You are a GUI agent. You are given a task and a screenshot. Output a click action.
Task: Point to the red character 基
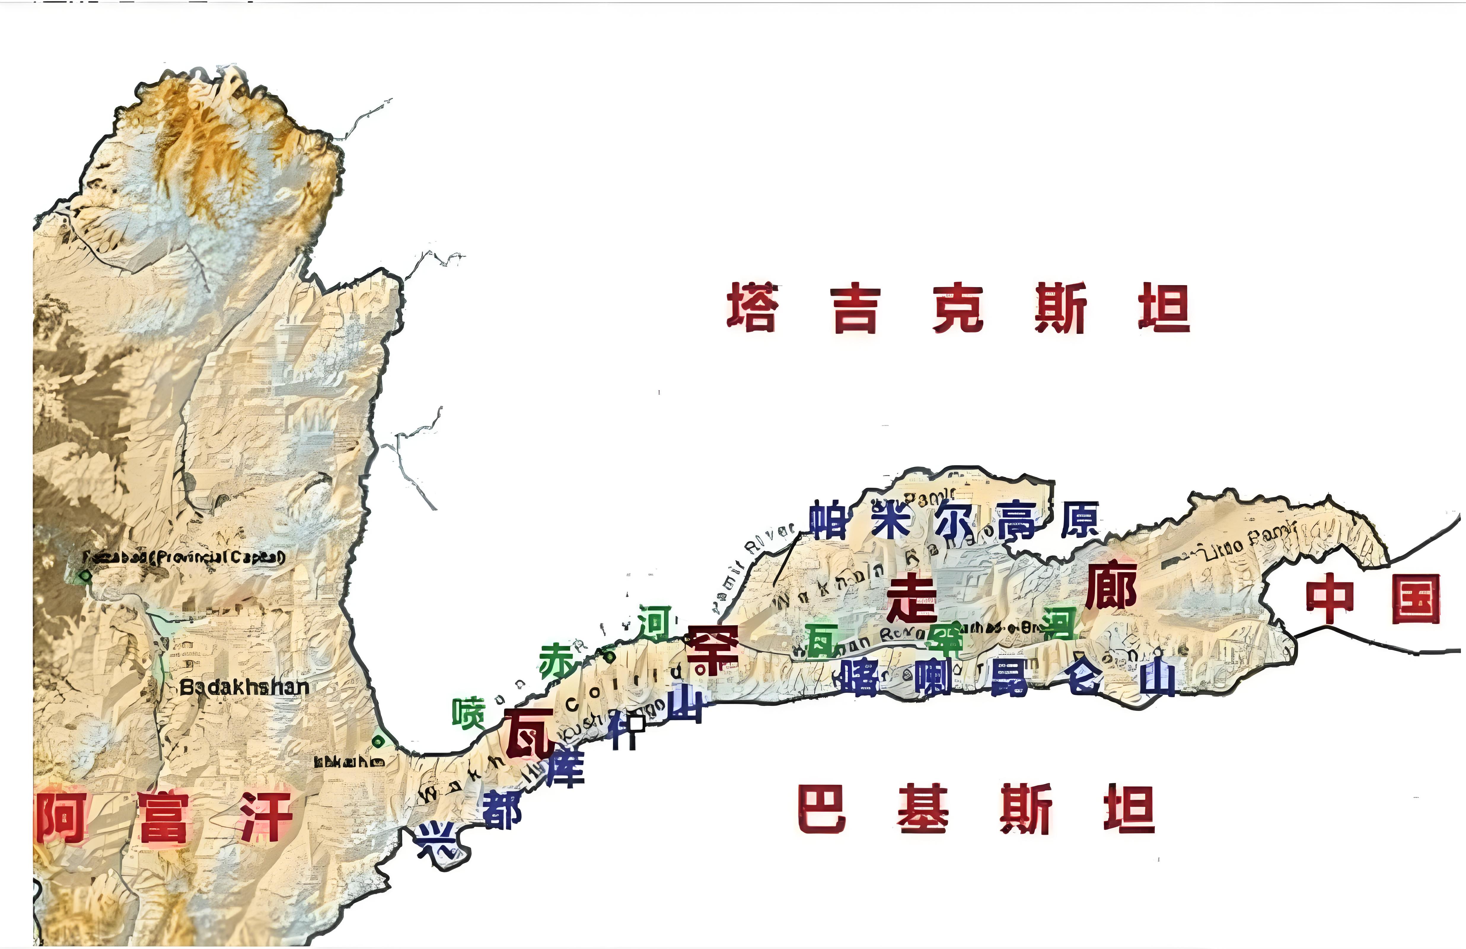(923, 808)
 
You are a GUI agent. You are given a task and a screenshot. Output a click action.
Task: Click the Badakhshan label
(244, 687)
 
